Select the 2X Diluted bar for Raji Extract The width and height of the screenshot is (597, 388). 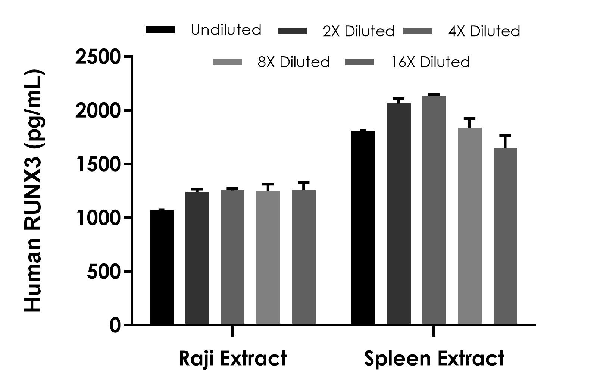coord(197,258)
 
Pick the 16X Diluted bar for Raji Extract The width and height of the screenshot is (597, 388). coord(304,257)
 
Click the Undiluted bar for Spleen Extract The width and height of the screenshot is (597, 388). coord(363,228)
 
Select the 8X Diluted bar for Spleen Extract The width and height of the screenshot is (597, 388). coord(470,226)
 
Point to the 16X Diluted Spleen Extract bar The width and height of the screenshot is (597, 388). coord(505,236)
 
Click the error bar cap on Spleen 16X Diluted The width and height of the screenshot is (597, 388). coord(505,135)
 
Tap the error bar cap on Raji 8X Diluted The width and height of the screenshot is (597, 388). coord(268,184)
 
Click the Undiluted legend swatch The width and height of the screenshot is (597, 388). coord(160,30)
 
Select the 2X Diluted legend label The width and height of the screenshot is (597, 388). coord(359,31)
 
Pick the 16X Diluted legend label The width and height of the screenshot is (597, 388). coord(430,62)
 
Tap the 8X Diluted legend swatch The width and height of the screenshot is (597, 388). coord(227,62)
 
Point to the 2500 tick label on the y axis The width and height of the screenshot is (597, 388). coord(98,57)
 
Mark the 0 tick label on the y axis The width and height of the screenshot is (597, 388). coord(115,325)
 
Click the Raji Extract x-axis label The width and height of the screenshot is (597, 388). coord(233,359)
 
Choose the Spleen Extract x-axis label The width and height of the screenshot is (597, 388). coord(434,359)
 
